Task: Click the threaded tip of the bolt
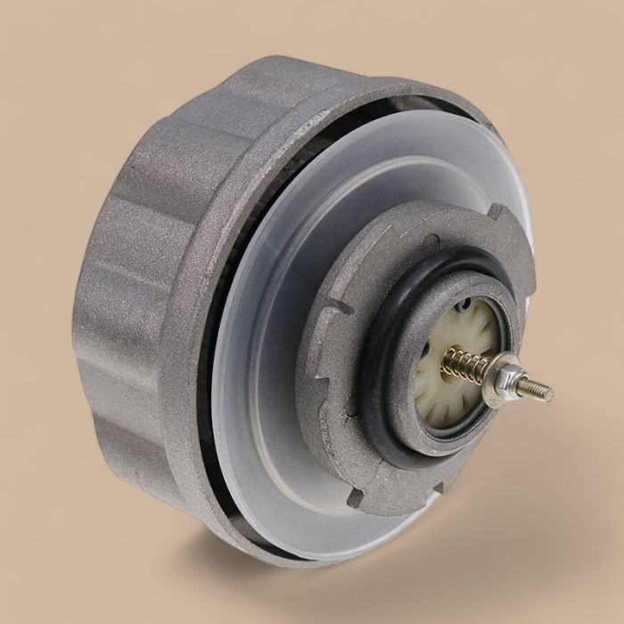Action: pos(539,390)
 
